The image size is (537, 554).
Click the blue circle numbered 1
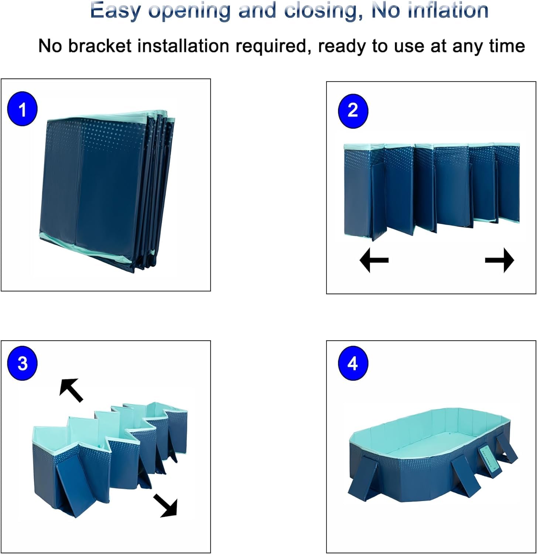click(22, 109)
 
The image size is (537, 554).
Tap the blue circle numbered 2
click(353, 111)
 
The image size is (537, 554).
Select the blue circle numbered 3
click(22, 363)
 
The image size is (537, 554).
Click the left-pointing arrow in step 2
click(374, 260)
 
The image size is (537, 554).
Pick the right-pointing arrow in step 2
click(499, 260)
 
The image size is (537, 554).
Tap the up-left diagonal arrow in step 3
click(71, 390)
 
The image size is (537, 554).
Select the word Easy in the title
click(115, 11)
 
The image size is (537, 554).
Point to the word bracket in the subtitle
click(100, 46)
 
